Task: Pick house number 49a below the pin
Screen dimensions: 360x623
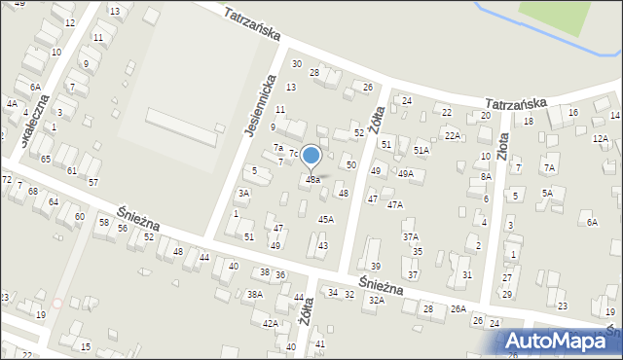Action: click(312, 180)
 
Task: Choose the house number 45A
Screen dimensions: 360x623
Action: click(326, 219)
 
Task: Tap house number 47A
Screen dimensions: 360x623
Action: click(394, 204)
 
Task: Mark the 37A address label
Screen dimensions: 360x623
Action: click(411, 236)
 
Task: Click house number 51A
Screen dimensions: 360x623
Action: click(421, 150)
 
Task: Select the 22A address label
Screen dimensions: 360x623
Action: click(453, 135)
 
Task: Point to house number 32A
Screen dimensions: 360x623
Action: click(376, 301)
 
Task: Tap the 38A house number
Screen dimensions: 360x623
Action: click(254, 294)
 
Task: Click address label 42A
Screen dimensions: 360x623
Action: click(271, 323)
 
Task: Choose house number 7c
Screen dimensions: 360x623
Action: click(293, 154)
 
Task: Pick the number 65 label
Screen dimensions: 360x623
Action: click(46, 158)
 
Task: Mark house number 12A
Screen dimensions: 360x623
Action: click(603, 139)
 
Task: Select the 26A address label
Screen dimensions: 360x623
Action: click(458, 309)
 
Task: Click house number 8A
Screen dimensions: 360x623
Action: click(486, 177)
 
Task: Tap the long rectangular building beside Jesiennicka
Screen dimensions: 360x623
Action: click(181, 127)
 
